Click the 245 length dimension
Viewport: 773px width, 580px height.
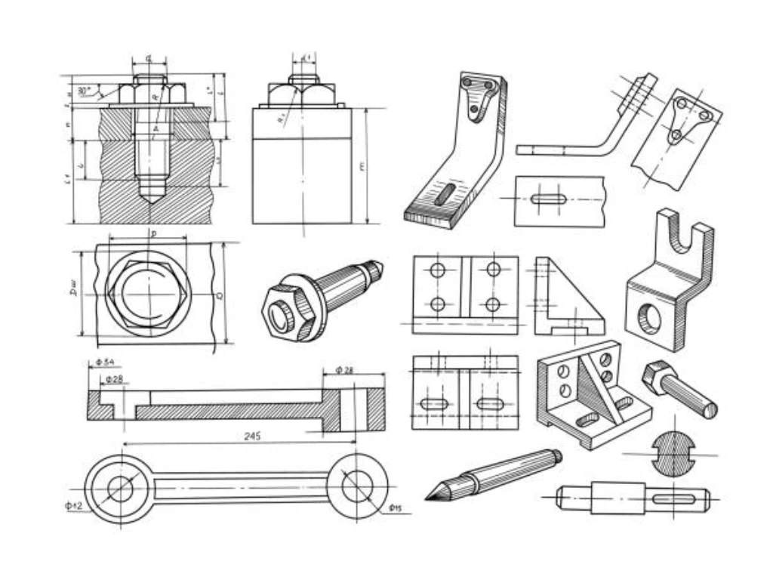[x=253, y=437]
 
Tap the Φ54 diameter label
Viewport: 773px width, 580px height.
[x=105, y=362]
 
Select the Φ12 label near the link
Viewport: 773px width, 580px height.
[x=72, y=505]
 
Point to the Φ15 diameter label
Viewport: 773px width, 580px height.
[x=395, y=507]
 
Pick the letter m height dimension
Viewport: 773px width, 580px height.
[x=363, y=167]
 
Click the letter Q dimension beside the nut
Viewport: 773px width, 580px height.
[x=220, y=295]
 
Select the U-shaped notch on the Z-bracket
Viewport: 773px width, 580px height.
[x=681, y=239]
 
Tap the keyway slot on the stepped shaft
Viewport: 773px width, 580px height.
[x=671, y=498]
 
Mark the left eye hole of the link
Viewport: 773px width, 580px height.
[x=119, y=489]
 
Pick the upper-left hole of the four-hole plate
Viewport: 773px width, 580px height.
[x=437, y=270]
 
